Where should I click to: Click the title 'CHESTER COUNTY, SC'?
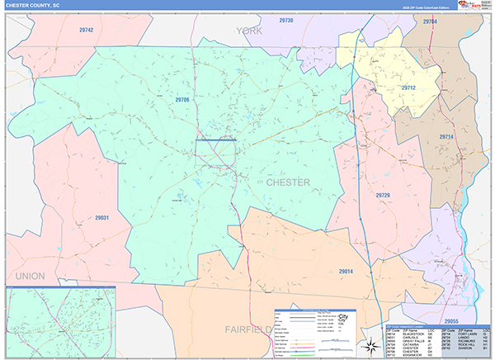32,6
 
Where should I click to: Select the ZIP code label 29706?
182,99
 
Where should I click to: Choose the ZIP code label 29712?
408,88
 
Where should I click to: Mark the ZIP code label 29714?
446,136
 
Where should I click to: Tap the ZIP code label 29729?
382,195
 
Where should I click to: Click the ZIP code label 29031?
102,217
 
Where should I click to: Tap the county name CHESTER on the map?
288,182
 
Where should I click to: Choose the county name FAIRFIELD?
247,329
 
